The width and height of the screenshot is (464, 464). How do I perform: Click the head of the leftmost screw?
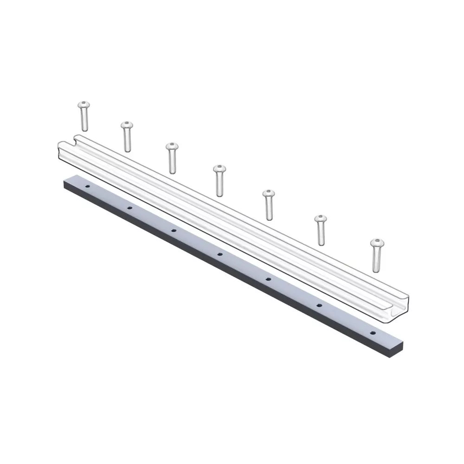coord(84,105)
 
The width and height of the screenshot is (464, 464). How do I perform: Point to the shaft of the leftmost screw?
coord(84,120)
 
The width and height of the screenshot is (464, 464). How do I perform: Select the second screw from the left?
coord(127,136)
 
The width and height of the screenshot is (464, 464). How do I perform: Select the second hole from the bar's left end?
coord(129,207)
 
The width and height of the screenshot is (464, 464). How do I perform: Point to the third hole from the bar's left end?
coord(174,230)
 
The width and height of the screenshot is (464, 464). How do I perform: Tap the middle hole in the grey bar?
coord(220,254)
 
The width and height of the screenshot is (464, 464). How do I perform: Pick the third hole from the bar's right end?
coord(268,279)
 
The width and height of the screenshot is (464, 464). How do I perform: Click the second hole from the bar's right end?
coord(319,305)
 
